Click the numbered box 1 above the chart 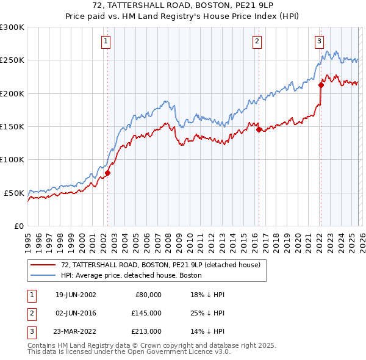tap(106, 41)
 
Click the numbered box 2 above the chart tap(257, 41)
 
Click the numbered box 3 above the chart tap(319, 41)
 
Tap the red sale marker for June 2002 tap(108, 173)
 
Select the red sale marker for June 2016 tap(259, 129)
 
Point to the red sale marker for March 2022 tap(321, 85)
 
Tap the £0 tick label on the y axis tap(18, 226)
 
